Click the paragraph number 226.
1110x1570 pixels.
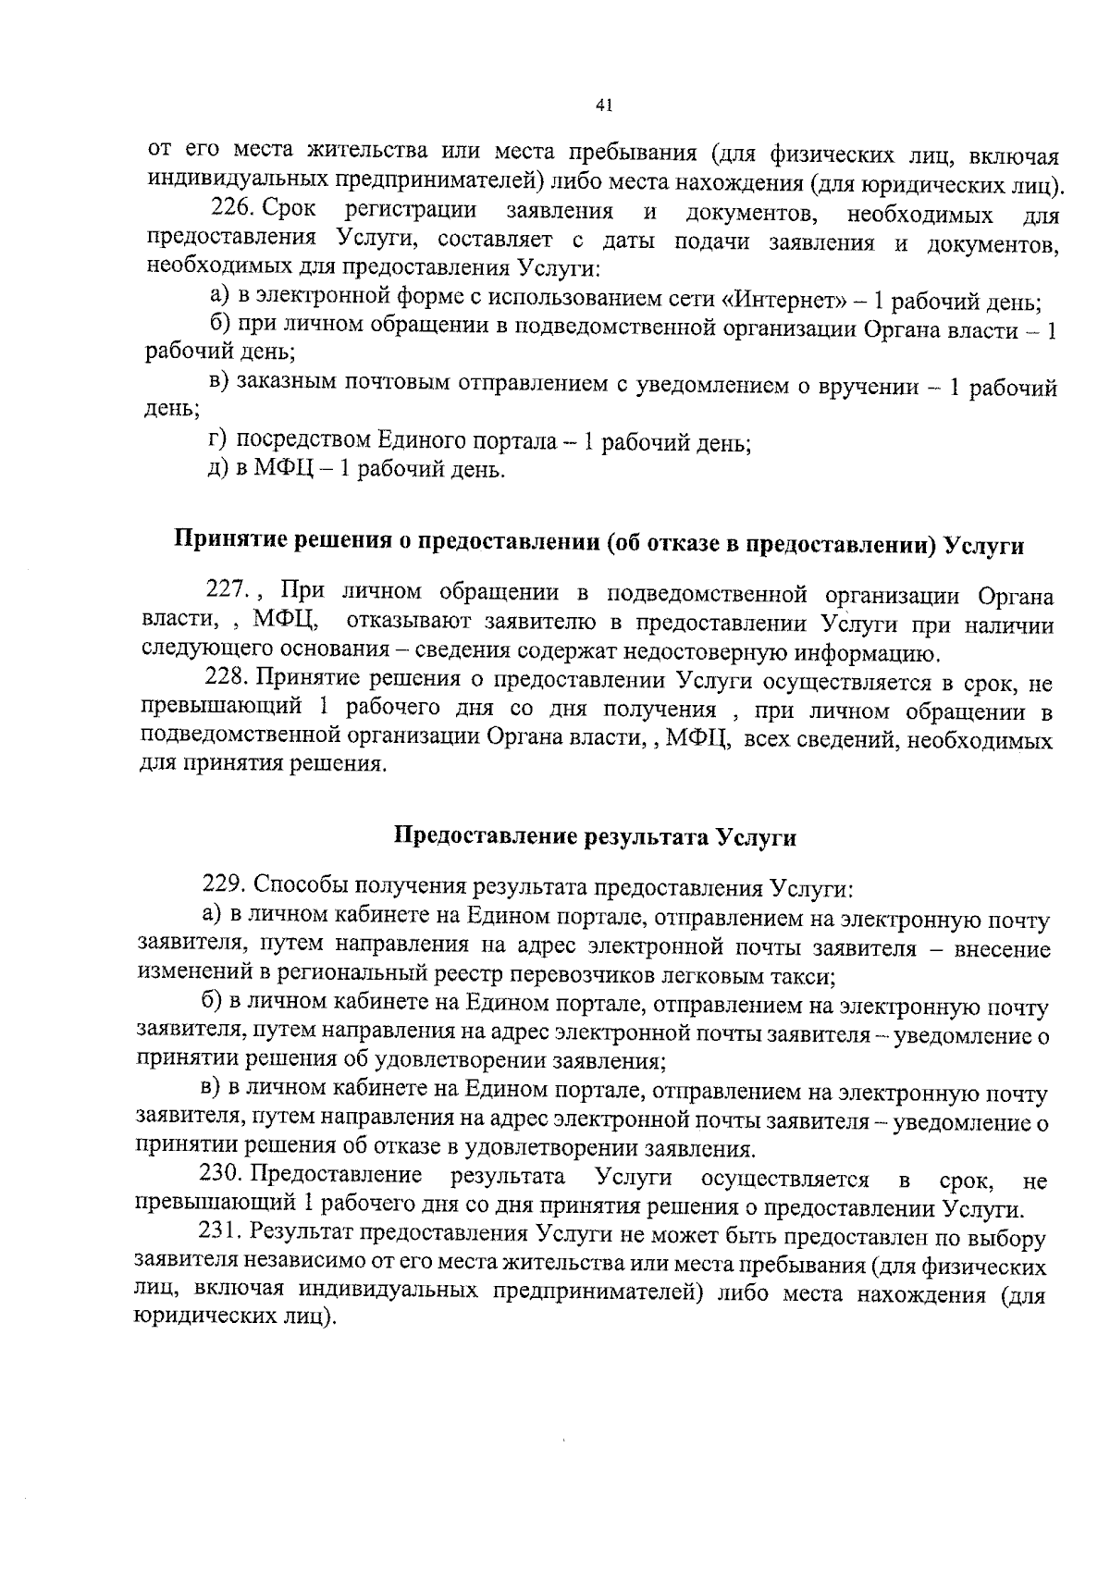pyautogui.click(x=232, y=211)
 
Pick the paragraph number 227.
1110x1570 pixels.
pyautogui.click(x=226, y=590)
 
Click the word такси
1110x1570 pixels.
pyautogui.click(x=802, y=975)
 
